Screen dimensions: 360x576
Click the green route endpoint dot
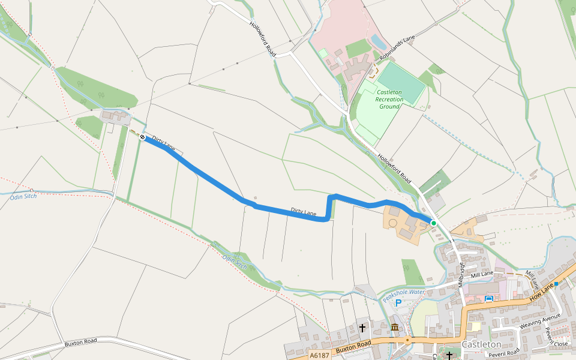click(433, 223)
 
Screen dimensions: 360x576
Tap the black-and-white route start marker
click(143, 137)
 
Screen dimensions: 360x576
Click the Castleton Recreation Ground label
click(389, 100)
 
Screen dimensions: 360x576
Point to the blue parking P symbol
click(398, 304)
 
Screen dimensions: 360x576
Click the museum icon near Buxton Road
click(395, 328)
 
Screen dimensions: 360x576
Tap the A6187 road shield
click(320, 356)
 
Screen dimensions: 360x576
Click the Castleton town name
click(481, 344)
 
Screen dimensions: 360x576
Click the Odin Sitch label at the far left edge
click(24, 197)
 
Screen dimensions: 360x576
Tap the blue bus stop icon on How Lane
click(489, 298)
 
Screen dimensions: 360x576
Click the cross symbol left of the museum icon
click(362, 328)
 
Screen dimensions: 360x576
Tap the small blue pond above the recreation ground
click(378, 41)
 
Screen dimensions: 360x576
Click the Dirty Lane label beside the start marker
click(164, 143)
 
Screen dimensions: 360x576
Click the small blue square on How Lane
click(556, 283)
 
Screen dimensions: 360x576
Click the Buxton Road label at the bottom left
click(80, 343)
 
